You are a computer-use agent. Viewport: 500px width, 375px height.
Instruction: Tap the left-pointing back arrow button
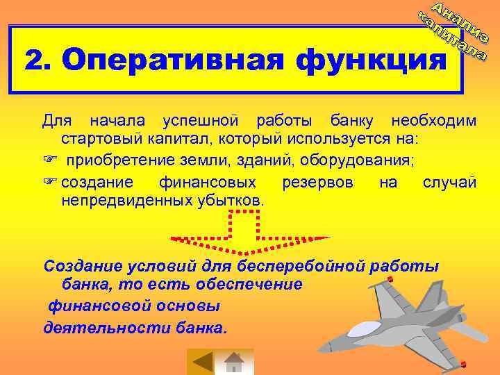202,362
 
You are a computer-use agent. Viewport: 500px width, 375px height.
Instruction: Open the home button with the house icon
235,362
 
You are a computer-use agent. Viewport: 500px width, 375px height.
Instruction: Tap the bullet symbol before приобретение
49,161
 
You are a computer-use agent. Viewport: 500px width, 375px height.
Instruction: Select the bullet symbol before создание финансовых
49,183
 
